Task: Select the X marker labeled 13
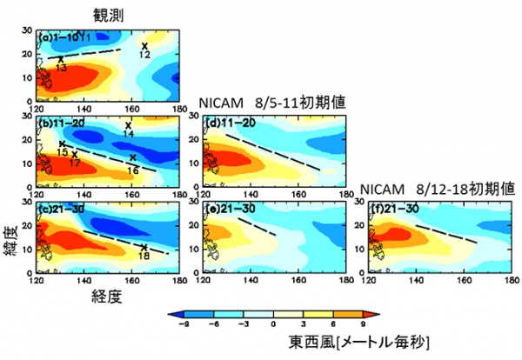click(x=60, y=59)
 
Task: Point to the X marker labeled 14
click(x=128, y=125)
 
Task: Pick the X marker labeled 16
click(x=132, y=157)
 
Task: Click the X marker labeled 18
click(x=144, y=247)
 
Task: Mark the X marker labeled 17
click(x=74, y=154)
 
